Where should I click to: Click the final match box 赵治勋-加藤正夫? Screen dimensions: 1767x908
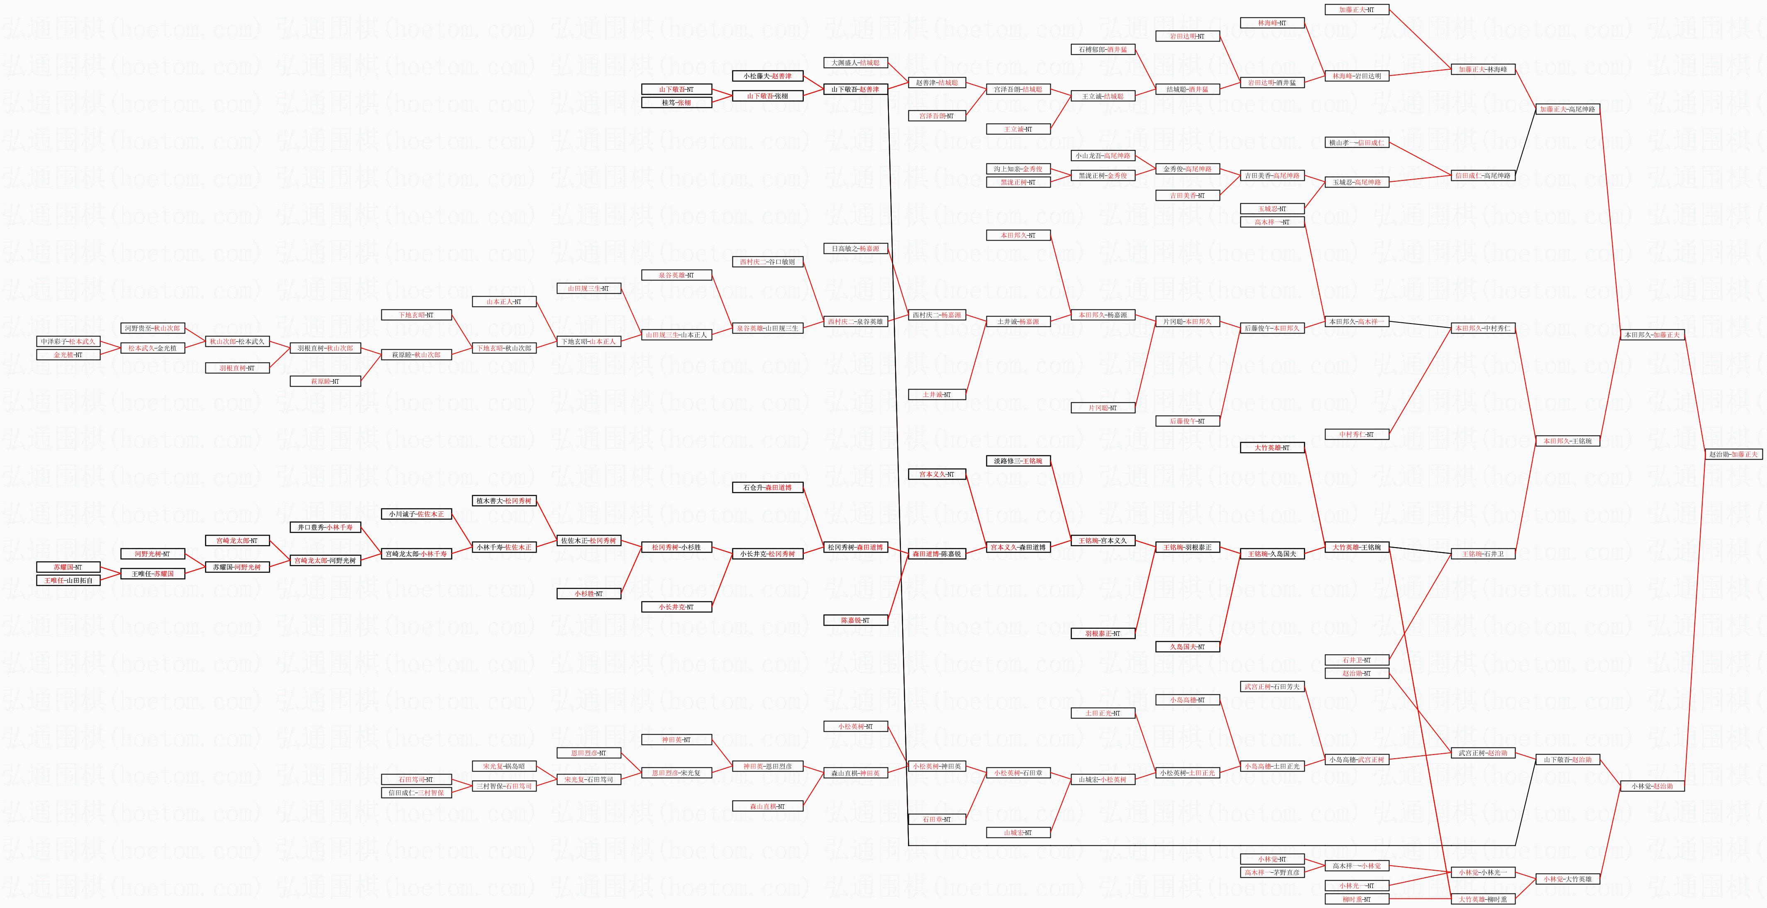click(1733, 454)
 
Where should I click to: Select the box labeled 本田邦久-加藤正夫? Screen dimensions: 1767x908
click(1652, 335)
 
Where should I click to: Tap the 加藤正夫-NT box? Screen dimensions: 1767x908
click(1356, 10)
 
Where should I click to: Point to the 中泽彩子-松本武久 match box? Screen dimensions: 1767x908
click(68, 341)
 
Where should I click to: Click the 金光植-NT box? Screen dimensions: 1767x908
click(68, 355)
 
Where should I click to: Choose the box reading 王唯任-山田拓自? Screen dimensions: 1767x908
click(68, 580)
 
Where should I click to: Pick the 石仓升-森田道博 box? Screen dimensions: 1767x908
click(767, 488)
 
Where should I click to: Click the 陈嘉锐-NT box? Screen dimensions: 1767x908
click(855, 620)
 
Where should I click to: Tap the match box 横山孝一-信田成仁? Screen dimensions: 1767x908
click(1356, 143)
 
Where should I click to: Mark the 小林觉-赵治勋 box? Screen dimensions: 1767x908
click(1652, 786)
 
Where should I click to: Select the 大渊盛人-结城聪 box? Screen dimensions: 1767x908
click(855, 62)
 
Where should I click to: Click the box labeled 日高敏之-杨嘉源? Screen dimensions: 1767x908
click(855, 248)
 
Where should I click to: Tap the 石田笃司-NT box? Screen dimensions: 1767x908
click(416, 779)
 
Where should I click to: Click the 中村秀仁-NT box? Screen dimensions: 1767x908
click(1356, 434)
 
